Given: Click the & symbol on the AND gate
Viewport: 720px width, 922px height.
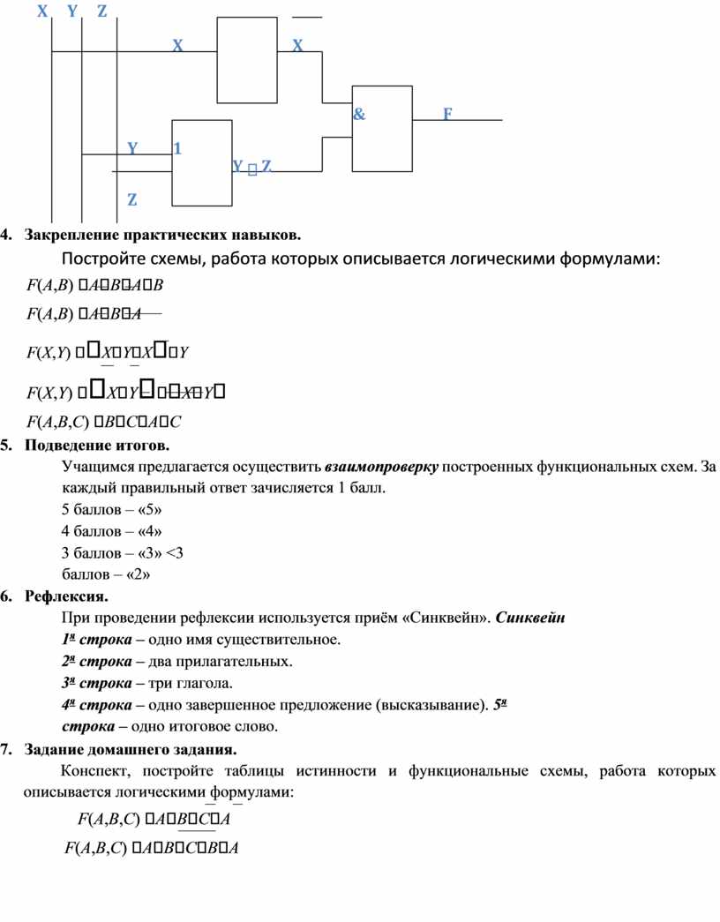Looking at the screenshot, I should (359, 115).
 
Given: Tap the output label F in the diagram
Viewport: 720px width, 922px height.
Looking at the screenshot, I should (447, 115).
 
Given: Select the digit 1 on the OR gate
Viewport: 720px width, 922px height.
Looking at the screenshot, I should (177, 148).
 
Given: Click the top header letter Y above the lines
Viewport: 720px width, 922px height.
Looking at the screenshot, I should (71, 11).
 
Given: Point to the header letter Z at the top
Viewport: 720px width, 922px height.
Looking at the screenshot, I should (102, 11).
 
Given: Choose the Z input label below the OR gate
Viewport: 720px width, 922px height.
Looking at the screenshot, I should (131, 200).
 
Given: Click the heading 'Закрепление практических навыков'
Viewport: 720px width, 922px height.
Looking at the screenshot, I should (162, 235).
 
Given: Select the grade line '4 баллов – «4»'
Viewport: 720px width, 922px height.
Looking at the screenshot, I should (112, 531).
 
